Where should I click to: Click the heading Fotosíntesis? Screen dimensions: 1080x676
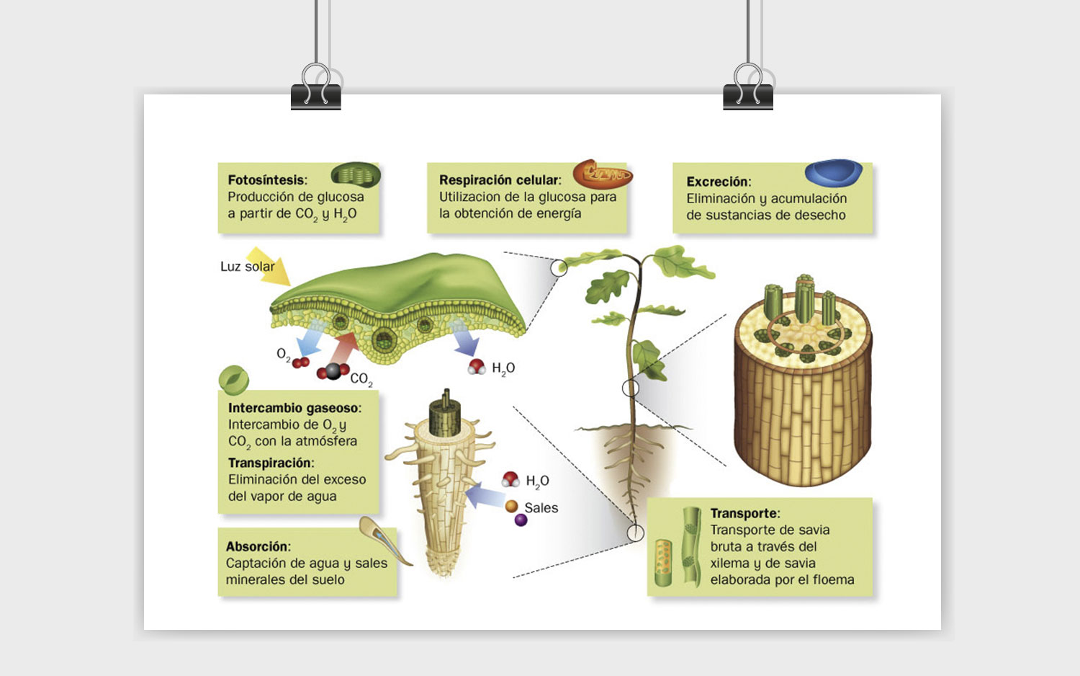click(266, 180)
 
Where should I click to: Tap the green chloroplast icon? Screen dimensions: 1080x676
click(356, 175)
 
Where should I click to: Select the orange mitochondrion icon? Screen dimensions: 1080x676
click(603, 174)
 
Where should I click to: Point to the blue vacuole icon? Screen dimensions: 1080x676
click(834, 172)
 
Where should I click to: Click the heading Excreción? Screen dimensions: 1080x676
click(719, 182)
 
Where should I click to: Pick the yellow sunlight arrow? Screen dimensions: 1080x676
click(269, 266)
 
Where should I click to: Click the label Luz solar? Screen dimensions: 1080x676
click(248, 267)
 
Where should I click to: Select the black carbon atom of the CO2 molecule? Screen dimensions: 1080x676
click(333, 371)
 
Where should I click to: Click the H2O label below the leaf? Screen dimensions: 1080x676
click(503, 369)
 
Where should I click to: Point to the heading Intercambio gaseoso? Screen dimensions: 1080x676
click(294, 408)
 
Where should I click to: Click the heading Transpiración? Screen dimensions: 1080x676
click(271, 463)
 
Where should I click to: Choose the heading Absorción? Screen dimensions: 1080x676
click(258, 547)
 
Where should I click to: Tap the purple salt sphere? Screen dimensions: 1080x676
click(521, 520)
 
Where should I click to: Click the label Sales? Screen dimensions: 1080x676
click(541, 507)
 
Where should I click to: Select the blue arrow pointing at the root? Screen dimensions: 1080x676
click(485, 496)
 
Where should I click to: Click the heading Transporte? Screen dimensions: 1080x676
click(745, 513)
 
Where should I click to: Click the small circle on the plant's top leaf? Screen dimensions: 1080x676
click(559, 268)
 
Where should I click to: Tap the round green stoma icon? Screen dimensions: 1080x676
click(234, 379)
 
